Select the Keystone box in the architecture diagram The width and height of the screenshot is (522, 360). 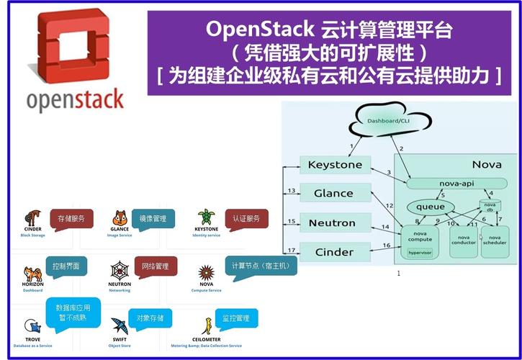[x=335, y=166]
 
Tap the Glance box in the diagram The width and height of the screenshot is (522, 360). [x=335, y=193]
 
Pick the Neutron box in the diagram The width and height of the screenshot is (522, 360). [x=335, y=222]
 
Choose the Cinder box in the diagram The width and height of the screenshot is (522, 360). [x=335, y=251]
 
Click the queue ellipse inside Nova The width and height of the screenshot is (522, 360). [x=430, y=207]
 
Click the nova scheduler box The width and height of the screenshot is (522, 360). [x=494, y=240]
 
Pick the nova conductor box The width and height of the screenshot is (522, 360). [x=464, y=240]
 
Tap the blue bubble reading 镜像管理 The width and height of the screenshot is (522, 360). [x=153, y=217]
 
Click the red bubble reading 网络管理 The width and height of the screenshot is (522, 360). [x=153, y=266]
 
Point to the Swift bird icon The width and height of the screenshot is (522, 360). [x=120, y=326]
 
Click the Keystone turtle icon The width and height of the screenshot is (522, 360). [x=207, y=217]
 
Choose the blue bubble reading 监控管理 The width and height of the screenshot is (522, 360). [x=235, y=318]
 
